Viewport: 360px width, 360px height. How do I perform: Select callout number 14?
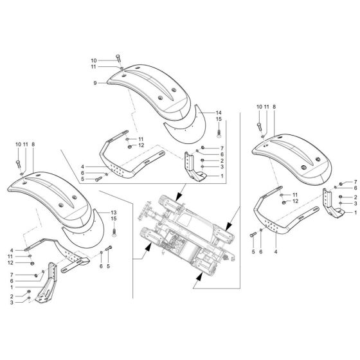pyautogui.click(x=218, y=112)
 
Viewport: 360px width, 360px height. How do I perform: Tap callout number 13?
pyautogui.click(x=114, y=212)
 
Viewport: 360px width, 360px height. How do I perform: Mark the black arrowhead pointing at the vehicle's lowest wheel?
pyautogui.click(x=201, y=276)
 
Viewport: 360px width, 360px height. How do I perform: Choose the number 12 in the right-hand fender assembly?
pyautogui.click(x=296, y=201)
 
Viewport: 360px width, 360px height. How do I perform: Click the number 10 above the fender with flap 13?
pyautogui.click(x=18, y=145)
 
